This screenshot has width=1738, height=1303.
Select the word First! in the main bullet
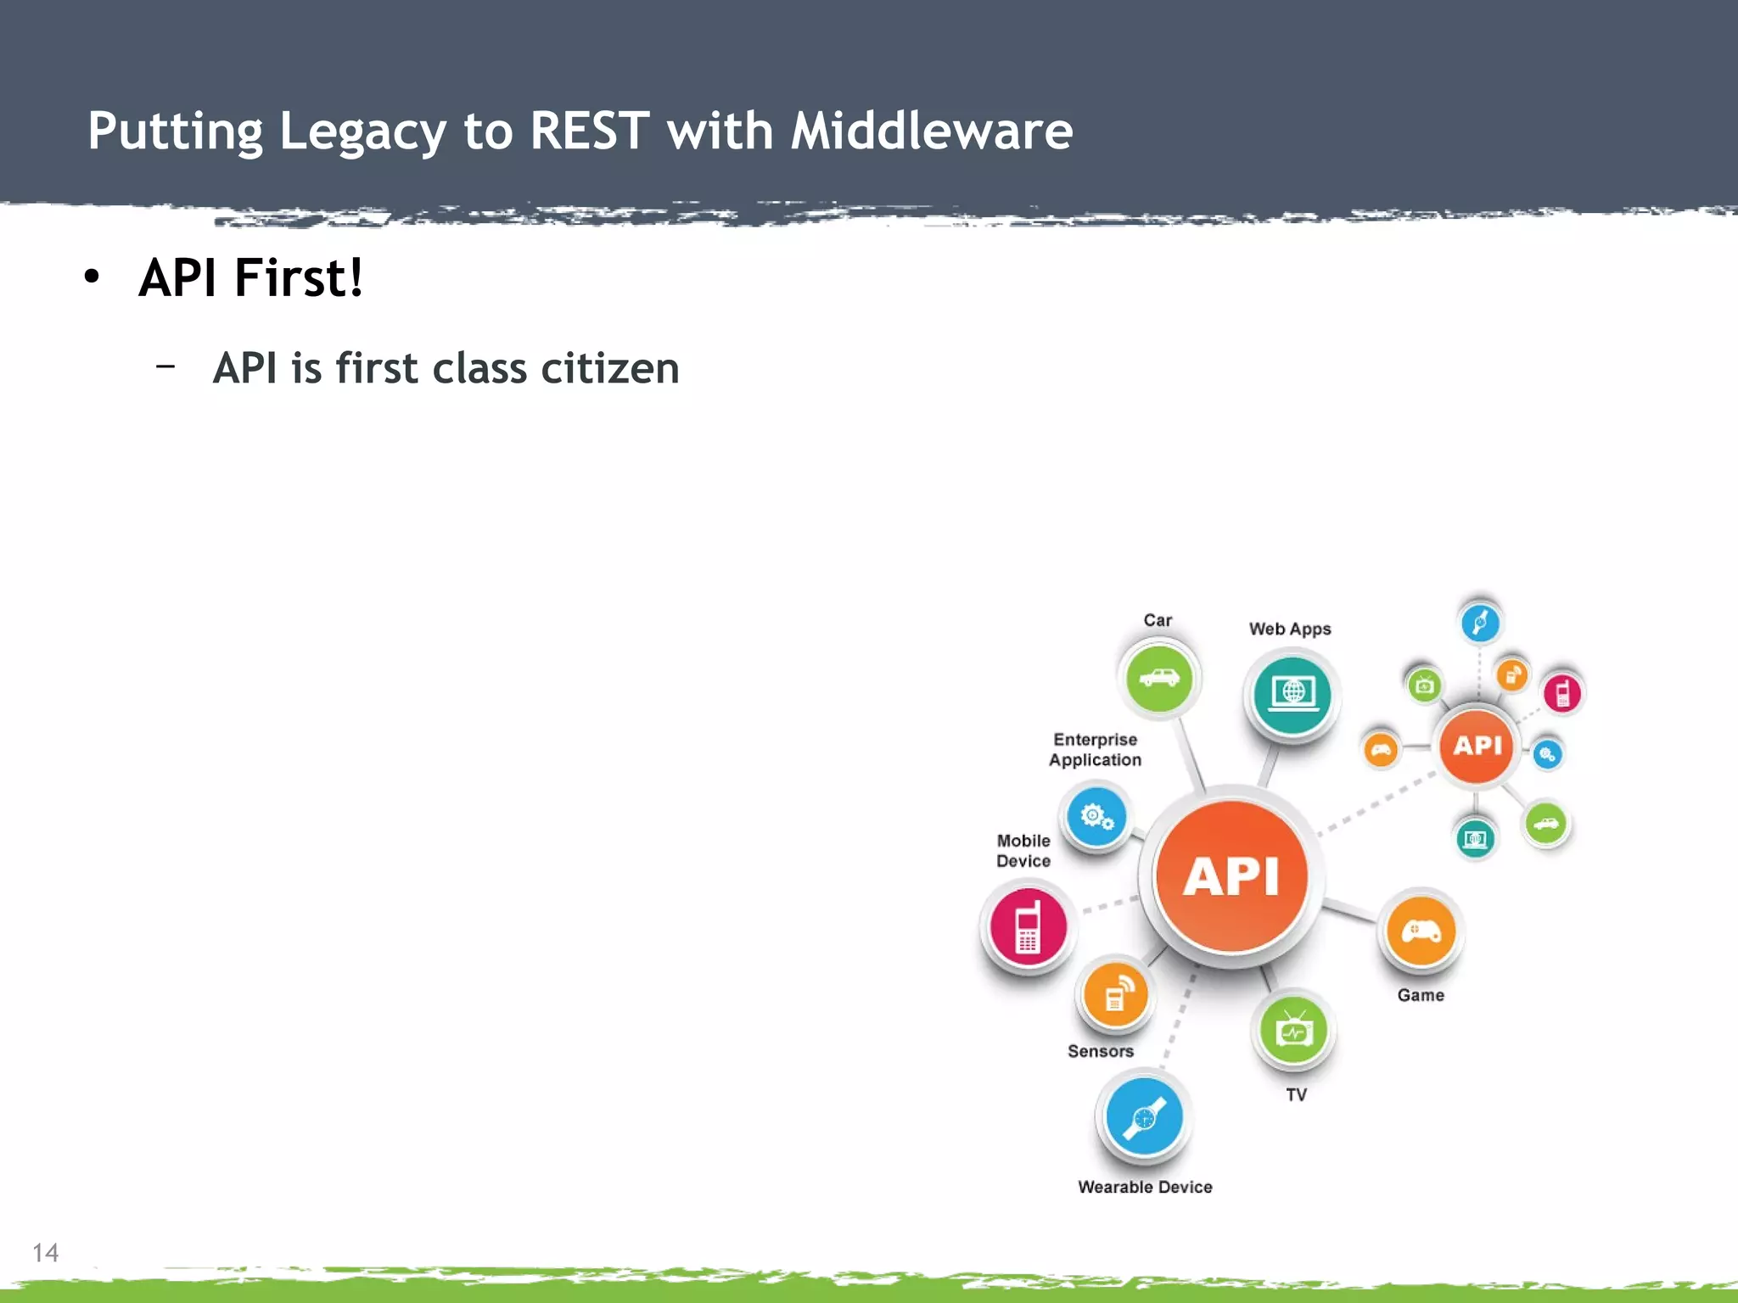[298, 277]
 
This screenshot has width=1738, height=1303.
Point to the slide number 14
[45, 1252]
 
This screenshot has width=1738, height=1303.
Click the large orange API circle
[1231, 875]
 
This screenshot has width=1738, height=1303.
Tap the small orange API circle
[1477, 746]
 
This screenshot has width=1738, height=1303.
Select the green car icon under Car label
[1158, 678]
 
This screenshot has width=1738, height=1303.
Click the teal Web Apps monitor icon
[1292, 694]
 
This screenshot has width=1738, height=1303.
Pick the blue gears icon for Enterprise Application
[1096, 817]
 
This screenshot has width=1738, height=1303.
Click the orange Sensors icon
[1116, 996]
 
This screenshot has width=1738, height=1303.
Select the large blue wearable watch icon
[1144, 1116]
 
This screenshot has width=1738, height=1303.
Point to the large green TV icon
[1293, 1031]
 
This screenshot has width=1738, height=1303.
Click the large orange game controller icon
[1421, 931]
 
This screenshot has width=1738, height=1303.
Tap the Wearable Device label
[1145, 1187]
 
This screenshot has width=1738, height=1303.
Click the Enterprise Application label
[1095, 750]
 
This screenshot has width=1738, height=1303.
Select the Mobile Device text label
[1023, 851]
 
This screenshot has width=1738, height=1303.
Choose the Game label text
[1421, 995]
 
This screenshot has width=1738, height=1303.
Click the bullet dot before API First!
[92, 277]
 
